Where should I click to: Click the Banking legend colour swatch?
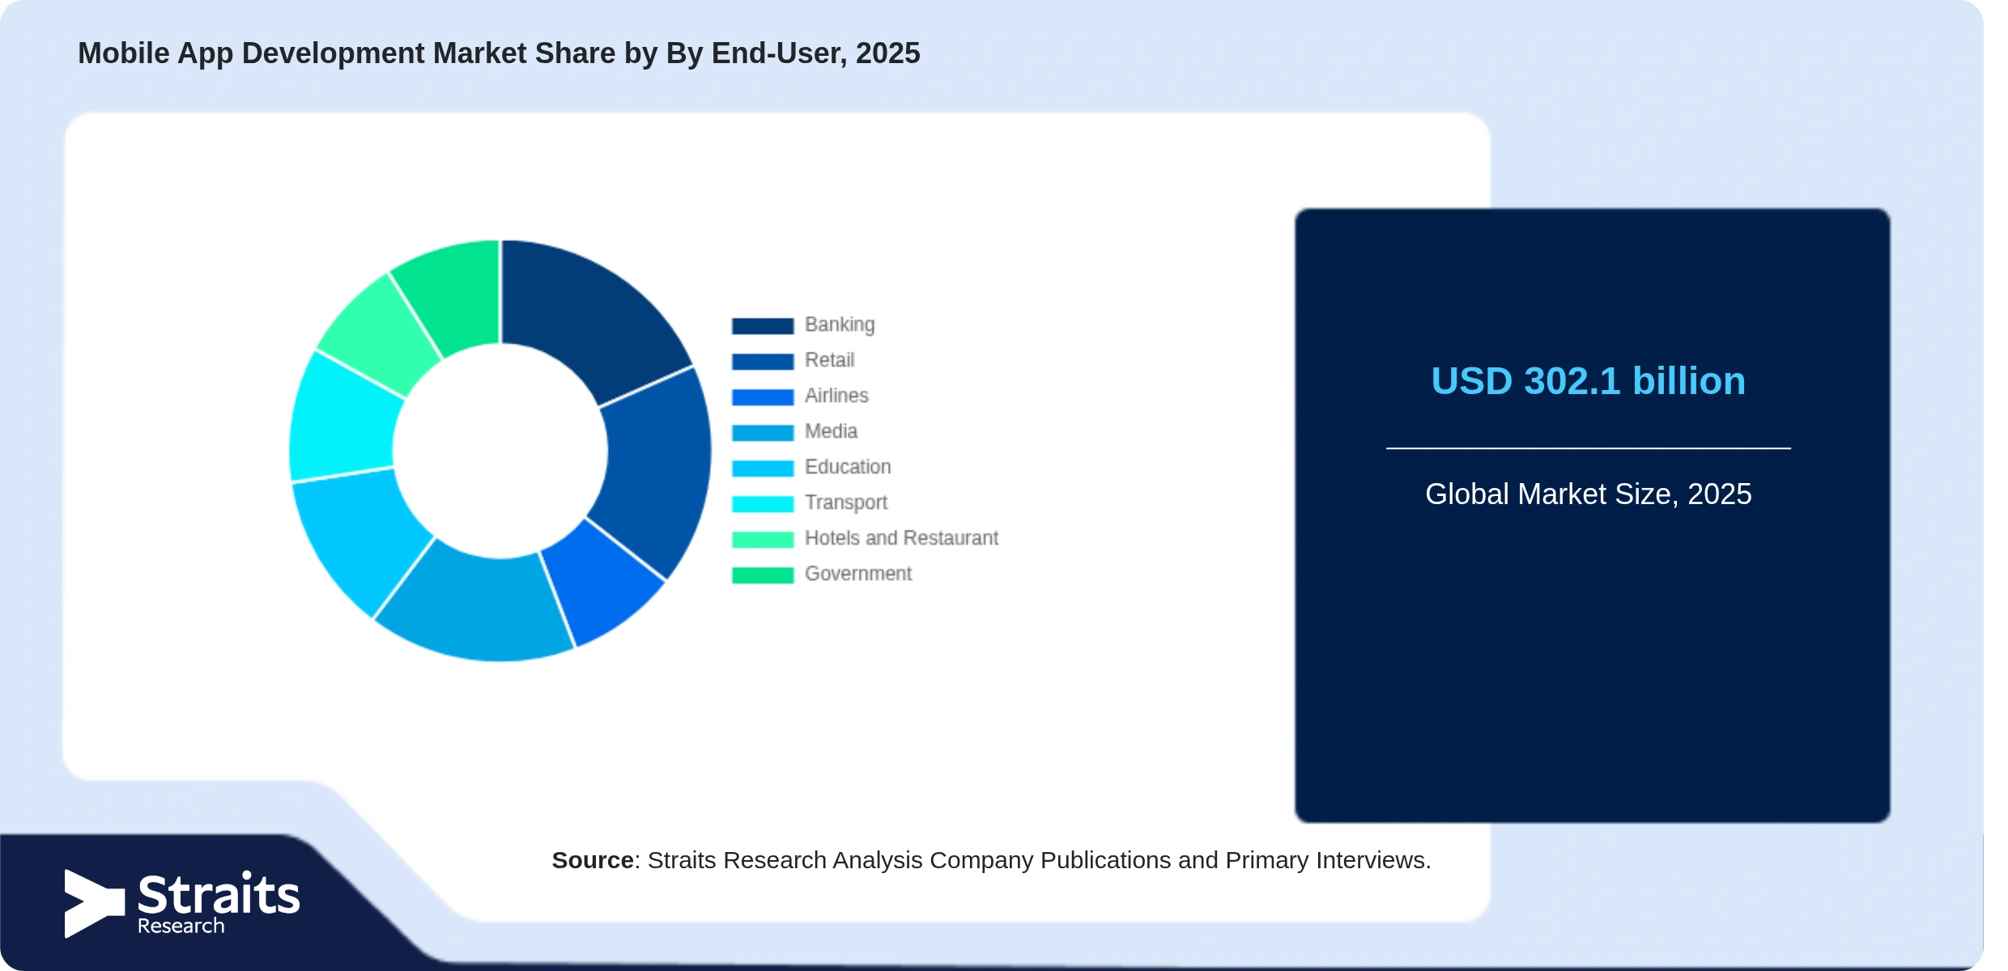[763, 326]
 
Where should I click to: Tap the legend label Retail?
[829, 360]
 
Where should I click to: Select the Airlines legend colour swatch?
[763, 397]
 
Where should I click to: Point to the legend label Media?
[831, 431]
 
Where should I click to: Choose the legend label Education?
[848, 467]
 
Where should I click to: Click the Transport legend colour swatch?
[763, 504]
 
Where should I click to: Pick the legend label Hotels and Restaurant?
[901, 538]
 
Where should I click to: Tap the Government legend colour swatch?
[763, 575]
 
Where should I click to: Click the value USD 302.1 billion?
[1588, 381]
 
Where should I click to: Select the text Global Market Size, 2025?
[1588, 494]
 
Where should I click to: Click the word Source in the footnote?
[593, 860]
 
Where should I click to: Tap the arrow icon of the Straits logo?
[94, 904]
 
